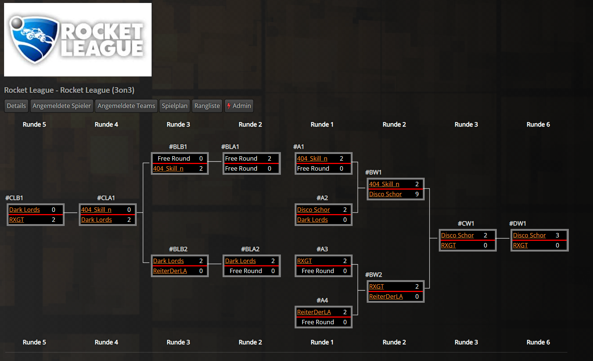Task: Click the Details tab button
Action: (x=16, y=106)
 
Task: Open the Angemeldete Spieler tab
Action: (x=62, y=106)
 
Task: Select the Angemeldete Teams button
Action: (x=126, y=106)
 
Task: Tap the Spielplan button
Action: (x=175, y=106)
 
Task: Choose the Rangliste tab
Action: (x=207, y=106)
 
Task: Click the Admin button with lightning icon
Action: (x=239, y=106)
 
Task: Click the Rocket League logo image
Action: (x=78, y=40)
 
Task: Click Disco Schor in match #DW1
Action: (x=529, y=235)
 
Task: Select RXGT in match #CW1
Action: (x=448, y=245)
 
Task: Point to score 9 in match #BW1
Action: (x=417, y=194)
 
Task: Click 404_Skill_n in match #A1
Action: (x=312, y=158)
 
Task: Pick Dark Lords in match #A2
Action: (x=312, y=220)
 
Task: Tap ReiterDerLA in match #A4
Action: (x=314, y=312)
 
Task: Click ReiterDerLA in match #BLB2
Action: (x=170, y=271)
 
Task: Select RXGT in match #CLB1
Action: (x=16, y=220)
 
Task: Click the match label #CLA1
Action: (x=106, y=198)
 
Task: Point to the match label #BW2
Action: (x=373, y=275)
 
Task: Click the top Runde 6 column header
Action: (x=538, y=124)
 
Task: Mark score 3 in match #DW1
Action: (x=557, y=235)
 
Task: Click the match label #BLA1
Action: (x=230, y=147)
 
